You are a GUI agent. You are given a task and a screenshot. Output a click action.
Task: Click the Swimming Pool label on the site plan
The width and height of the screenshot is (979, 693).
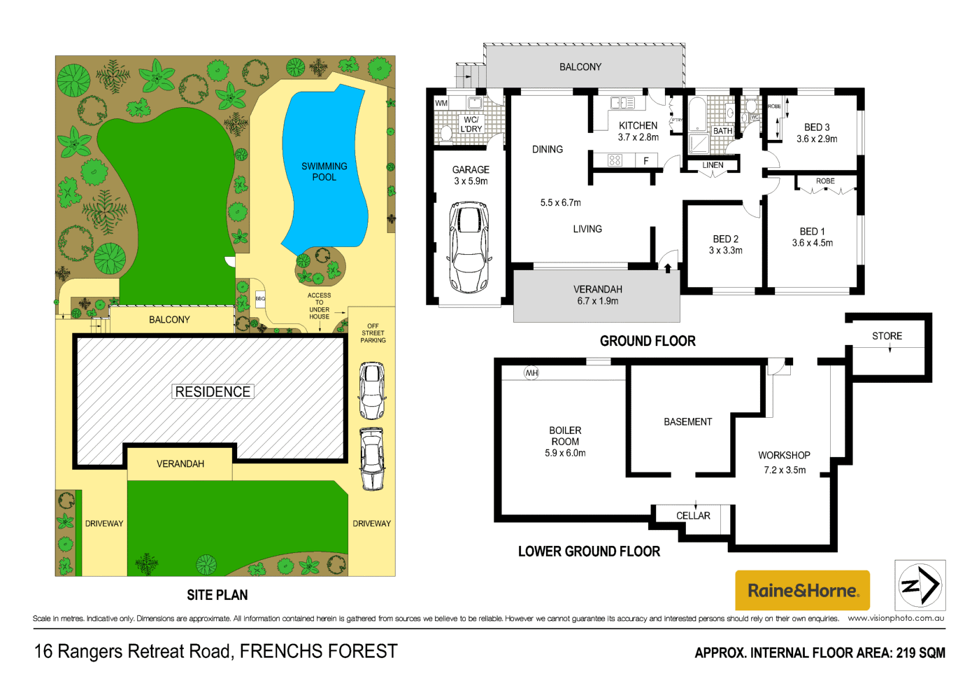[324, 171]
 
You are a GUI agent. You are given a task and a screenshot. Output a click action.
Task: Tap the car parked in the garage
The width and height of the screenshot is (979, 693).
[469, 247]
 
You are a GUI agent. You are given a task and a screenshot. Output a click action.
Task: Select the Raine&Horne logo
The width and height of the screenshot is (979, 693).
[802, 590]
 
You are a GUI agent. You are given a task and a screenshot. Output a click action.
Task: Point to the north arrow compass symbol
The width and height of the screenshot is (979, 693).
[920, 585]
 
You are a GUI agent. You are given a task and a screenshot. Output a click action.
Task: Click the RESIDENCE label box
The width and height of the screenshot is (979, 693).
[213, 392]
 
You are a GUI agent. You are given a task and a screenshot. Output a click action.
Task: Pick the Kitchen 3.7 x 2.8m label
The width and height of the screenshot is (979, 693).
[638, 132]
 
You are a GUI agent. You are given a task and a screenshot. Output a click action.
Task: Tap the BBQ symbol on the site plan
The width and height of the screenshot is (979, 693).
[260, 299]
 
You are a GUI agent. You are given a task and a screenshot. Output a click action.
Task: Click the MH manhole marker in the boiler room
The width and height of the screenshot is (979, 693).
[531, 373]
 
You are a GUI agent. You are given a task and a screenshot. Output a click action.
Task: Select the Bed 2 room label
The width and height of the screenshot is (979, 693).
[725, 244]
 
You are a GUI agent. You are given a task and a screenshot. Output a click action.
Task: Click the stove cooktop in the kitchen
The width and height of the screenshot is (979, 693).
[615, 160]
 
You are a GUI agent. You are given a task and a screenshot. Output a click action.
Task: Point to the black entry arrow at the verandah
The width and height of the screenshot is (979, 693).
[668, 267]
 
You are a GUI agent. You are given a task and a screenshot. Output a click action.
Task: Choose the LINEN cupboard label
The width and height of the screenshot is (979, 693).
[713, 165]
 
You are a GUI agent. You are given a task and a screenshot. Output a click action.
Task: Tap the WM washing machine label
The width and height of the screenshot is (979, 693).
[441, 103]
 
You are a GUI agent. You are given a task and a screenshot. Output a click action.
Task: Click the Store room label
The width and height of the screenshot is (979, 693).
[887, 336]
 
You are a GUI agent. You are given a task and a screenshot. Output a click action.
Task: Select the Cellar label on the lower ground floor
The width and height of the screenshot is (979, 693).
[693, 516]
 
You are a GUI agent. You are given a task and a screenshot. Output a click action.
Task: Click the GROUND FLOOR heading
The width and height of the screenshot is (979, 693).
[648, 341]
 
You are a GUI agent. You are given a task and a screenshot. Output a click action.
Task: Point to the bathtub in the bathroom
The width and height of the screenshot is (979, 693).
[697, 115]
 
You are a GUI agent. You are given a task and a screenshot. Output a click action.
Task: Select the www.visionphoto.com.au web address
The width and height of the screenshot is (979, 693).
[896, 618]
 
